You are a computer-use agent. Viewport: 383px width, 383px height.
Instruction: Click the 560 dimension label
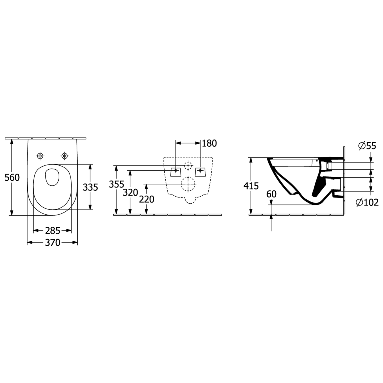click(12, 178)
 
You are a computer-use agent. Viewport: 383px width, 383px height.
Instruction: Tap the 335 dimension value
click(90, 187)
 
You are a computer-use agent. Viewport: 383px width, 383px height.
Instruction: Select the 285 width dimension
click(52, 231)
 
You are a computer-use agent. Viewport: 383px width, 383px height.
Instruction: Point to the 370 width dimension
click(52, 243)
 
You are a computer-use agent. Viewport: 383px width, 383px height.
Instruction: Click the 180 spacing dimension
click(209, 143)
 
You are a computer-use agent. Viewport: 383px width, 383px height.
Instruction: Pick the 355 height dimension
click(116, 184)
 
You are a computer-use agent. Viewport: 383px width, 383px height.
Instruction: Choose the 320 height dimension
click(130, 193)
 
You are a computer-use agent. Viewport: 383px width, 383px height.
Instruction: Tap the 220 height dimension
click(147, 200)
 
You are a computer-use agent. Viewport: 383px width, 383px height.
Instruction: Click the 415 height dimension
click(251, 186)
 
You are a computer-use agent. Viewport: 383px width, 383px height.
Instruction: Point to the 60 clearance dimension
click(271, 194)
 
